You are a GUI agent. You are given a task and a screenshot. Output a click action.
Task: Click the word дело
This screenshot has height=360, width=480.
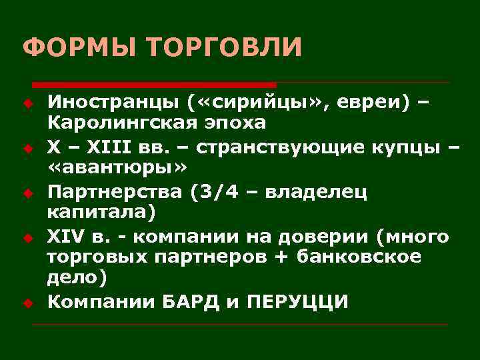coord(70,278)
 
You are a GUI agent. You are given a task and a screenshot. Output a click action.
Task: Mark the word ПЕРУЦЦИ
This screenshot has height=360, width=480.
coord(297,301)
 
